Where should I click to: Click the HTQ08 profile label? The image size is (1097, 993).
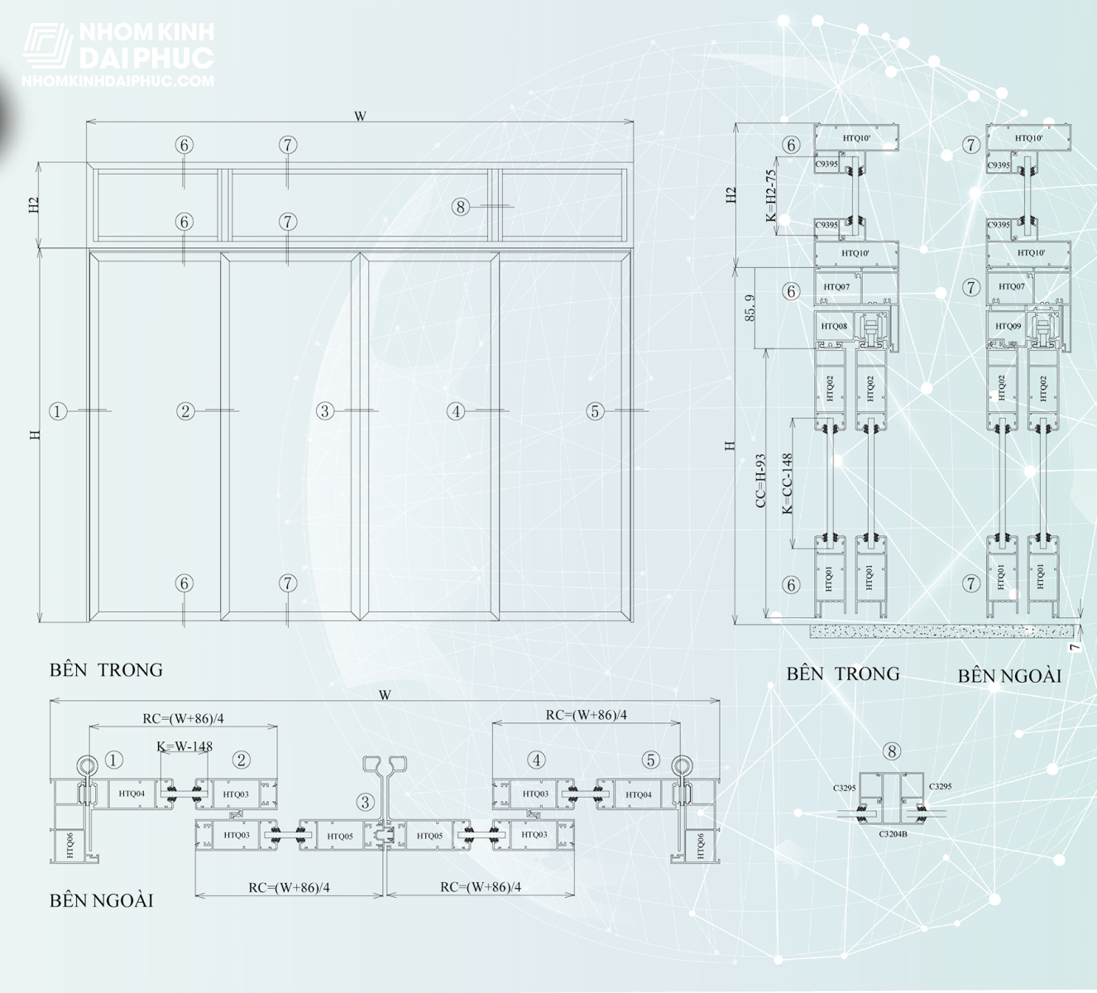(834, 326)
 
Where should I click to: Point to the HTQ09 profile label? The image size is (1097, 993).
(1008, 326)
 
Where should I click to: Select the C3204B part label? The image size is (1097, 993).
(893, 834)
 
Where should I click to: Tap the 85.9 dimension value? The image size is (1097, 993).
(750, 308)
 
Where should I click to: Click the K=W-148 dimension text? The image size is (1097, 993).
(184, 746)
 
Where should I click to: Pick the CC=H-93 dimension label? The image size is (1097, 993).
(761, 480)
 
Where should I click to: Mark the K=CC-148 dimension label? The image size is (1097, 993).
(788, 483)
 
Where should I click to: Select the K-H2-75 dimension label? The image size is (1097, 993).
(771, 196)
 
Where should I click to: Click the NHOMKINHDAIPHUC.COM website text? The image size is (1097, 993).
(117, 81)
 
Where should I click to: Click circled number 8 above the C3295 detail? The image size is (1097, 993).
(891, 751)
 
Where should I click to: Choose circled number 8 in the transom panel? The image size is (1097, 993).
(461, 207)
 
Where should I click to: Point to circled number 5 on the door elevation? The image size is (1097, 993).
(595, 410)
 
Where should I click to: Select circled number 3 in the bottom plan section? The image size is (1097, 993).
(365, 802)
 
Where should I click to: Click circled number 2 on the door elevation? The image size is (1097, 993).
(185, 410)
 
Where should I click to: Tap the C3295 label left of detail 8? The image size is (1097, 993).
(844, 788)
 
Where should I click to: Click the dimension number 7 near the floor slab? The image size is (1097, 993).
(1075, 646)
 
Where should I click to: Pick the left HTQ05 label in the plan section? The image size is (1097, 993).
(340, 837)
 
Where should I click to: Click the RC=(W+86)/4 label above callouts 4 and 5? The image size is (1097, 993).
(586, 715)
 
